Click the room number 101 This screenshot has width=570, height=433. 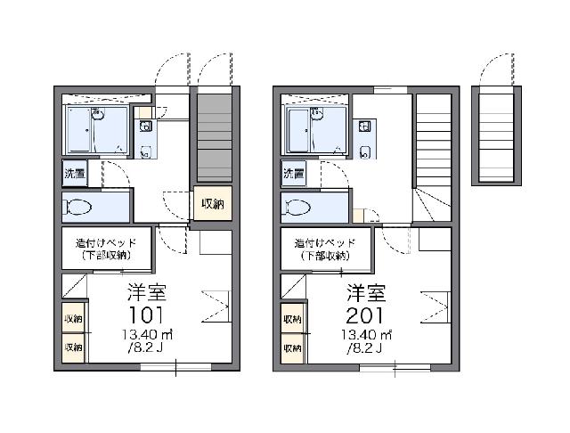146,315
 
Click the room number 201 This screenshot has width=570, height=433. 364,315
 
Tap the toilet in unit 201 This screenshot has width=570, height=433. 298,208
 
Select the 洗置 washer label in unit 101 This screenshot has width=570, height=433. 75,174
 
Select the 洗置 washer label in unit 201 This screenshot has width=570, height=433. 294,174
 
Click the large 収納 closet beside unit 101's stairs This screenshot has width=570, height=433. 213,204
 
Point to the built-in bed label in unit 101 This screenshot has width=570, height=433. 106,249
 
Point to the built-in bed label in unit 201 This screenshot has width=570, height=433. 325,249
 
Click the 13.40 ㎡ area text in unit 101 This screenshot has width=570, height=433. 147,334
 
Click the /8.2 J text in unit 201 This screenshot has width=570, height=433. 364,348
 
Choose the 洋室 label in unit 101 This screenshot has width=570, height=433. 147,292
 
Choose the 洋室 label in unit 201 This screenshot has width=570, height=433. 366,292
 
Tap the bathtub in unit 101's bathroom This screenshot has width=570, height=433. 79,130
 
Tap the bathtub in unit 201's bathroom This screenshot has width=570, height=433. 299,130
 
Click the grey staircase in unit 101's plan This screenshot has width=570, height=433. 215,137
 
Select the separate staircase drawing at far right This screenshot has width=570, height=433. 496,137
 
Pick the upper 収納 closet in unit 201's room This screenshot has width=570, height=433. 293,319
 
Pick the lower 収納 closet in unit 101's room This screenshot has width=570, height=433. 73,347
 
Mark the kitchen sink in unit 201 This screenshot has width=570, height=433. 364,127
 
